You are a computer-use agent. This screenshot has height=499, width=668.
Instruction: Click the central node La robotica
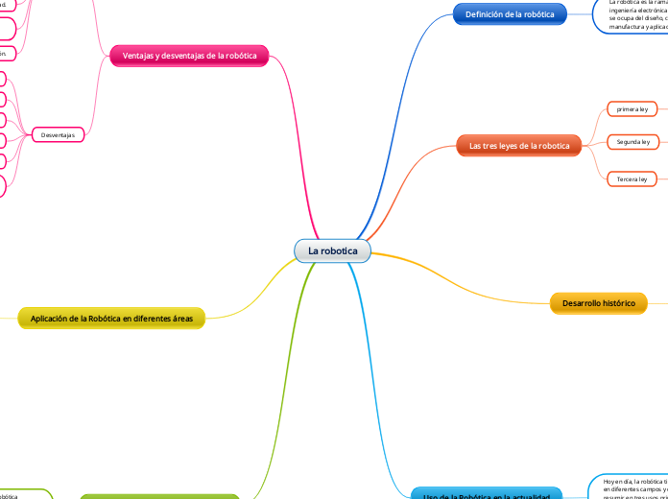point(332,250)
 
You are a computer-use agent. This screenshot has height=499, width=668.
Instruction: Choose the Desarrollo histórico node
point(598,303)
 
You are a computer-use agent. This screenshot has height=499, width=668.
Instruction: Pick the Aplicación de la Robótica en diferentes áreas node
point(111,319)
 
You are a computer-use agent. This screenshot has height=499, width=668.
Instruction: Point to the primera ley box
point(632,109)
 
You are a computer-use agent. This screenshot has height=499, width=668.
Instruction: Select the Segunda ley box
point(632,142)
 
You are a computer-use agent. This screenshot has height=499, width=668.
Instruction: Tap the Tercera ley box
point(632,178)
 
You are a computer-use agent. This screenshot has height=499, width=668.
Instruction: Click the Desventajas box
point(58,135)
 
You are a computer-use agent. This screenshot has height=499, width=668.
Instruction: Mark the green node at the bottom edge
point(159,496)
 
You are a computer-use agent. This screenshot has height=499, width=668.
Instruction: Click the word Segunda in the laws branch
point(627,142)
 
